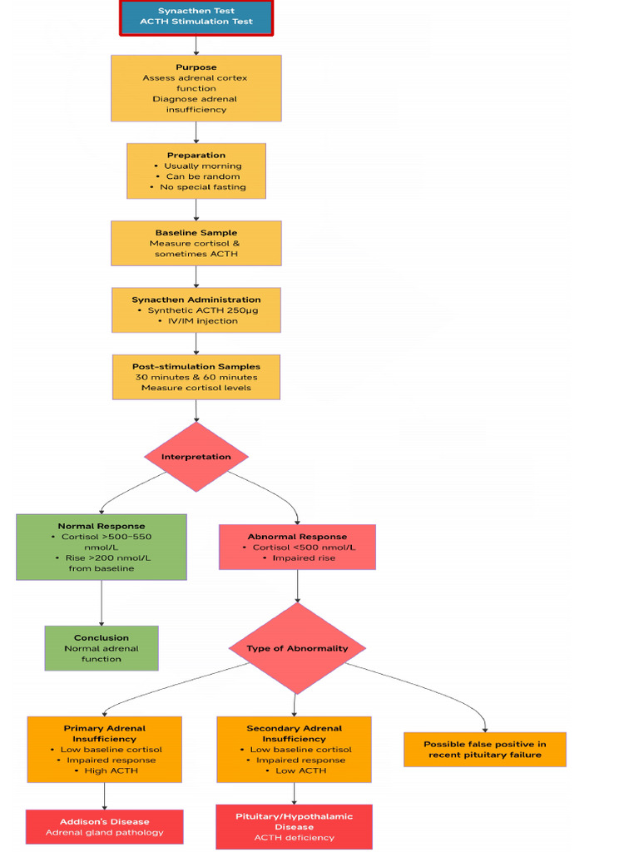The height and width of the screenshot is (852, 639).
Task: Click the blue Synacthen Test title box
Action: tap(196, 17)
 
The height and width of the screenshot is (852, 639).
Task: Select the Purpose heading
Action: tap(196, 67)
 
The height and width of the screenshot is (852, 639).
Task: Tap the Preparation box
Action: tap(196, 171)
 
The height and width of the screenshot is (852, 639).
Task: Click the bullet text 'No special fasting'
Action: tap(202, 187)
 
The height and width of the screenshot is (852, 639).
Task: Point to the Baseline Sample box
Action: tap(196, 243)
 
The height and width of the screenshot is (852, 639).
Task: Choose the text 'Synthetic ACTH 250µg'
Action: tap(201, 310)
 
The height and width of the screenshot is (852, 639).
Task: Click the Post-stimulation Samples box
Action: tap(196, 377)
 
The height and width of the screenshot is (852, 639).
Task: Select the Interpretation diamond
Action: tap(196, 457)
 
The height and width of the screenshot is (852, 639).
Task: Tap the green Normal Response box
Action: tap(101, 547)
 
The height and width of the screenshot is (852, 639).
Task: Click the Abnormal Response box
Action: tap(297, 547)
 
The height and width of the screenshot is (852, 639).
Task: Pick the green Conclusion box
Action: tap(101, 648)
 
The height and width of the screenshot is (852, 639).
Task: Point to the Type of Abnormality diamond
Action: tap(297, 648)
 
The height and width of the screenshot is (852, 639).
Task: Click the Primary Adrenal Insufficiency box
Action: tap(104, 749)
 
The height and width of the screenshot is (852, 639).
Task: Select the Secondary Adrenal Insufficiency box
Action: tap(294, 749)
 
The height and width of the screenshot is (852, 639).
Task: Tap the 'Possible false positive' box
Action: tap(484, 749)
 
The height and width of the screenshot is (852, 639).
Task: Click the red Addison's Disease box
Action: tap(104, 826)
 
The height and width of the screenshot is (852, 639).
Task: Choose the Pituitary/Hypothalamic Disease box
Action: tap(294, 826)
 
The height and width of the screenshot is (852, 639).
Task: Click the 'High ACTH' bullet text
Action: tap(111, 770)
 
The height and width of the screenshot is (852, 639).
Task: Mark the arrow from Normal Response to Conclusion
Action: tap(102, 602)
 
